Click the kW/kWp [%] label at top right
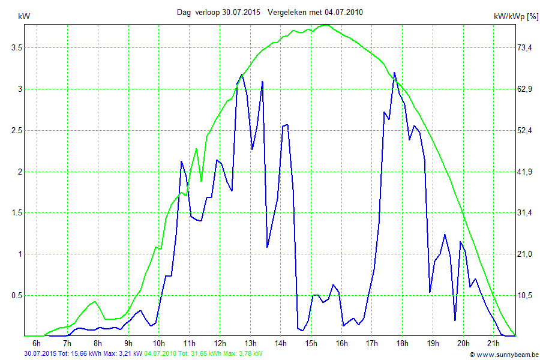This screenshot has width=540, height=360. [x=515, y=16]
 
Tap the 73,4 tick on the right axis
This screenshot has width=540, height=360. [x=526, y=47]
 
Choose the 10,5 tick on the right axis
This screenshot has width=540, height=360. [x=526, y=295]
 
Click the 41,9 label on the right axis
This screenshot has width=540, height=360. [x=526, y=172]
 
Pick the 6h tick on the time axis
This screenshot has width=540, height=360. [x=37, y=343]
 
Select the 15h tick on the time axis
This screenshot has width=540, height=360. [x=311, y=343]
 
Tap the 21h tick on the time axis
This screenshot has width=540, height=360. [x=493, y=343]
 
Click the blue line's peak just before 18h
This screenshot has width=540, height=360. [x=394, y=73]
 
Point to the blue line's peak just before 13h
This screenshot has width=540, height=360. [x=242, y=74]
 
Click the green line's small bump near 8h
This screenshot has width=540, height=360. [x=94, y=302]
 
